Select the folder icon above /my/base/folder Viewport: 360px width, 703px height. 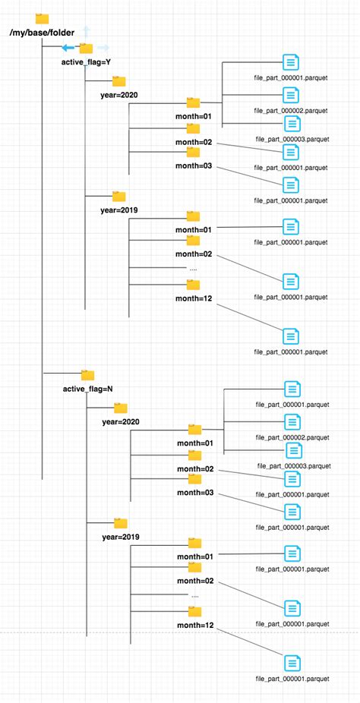[42, 19]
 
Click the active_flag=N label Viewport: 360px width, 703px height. [88, 389]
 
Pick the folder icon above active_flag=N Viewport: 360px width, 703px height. [87, 374]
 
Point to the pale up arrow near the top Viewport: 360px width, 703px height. [87, 30]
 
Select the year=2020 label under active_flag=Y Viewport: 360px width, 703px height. [119, 95]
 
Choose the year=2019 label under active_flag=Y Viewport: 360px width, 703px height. [119, 210]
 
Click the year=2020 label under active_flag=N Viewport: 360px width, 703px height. [121, 421]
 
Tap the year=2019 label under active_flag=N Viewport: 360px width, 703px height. [121, 537]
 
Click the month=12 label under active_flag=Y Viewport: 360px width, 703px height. [194, 298]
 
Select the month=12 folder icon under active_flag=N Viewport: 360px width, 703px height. [195, 611]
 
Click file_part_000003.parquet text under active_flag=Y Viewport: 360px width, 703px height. [291, 139]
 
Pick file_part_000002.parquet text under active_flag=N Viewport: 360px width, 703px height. [292, 437]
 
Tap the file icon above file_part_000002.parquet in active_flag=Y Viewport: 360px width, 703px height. [290, 95]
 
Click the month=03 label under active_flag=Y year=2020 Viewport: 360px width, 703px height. [194, 166]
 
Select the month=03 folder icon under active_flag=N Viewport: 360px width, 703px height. [195, 478]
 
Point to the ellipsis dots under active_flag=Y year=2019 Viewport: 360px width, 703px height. [193, 268]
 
